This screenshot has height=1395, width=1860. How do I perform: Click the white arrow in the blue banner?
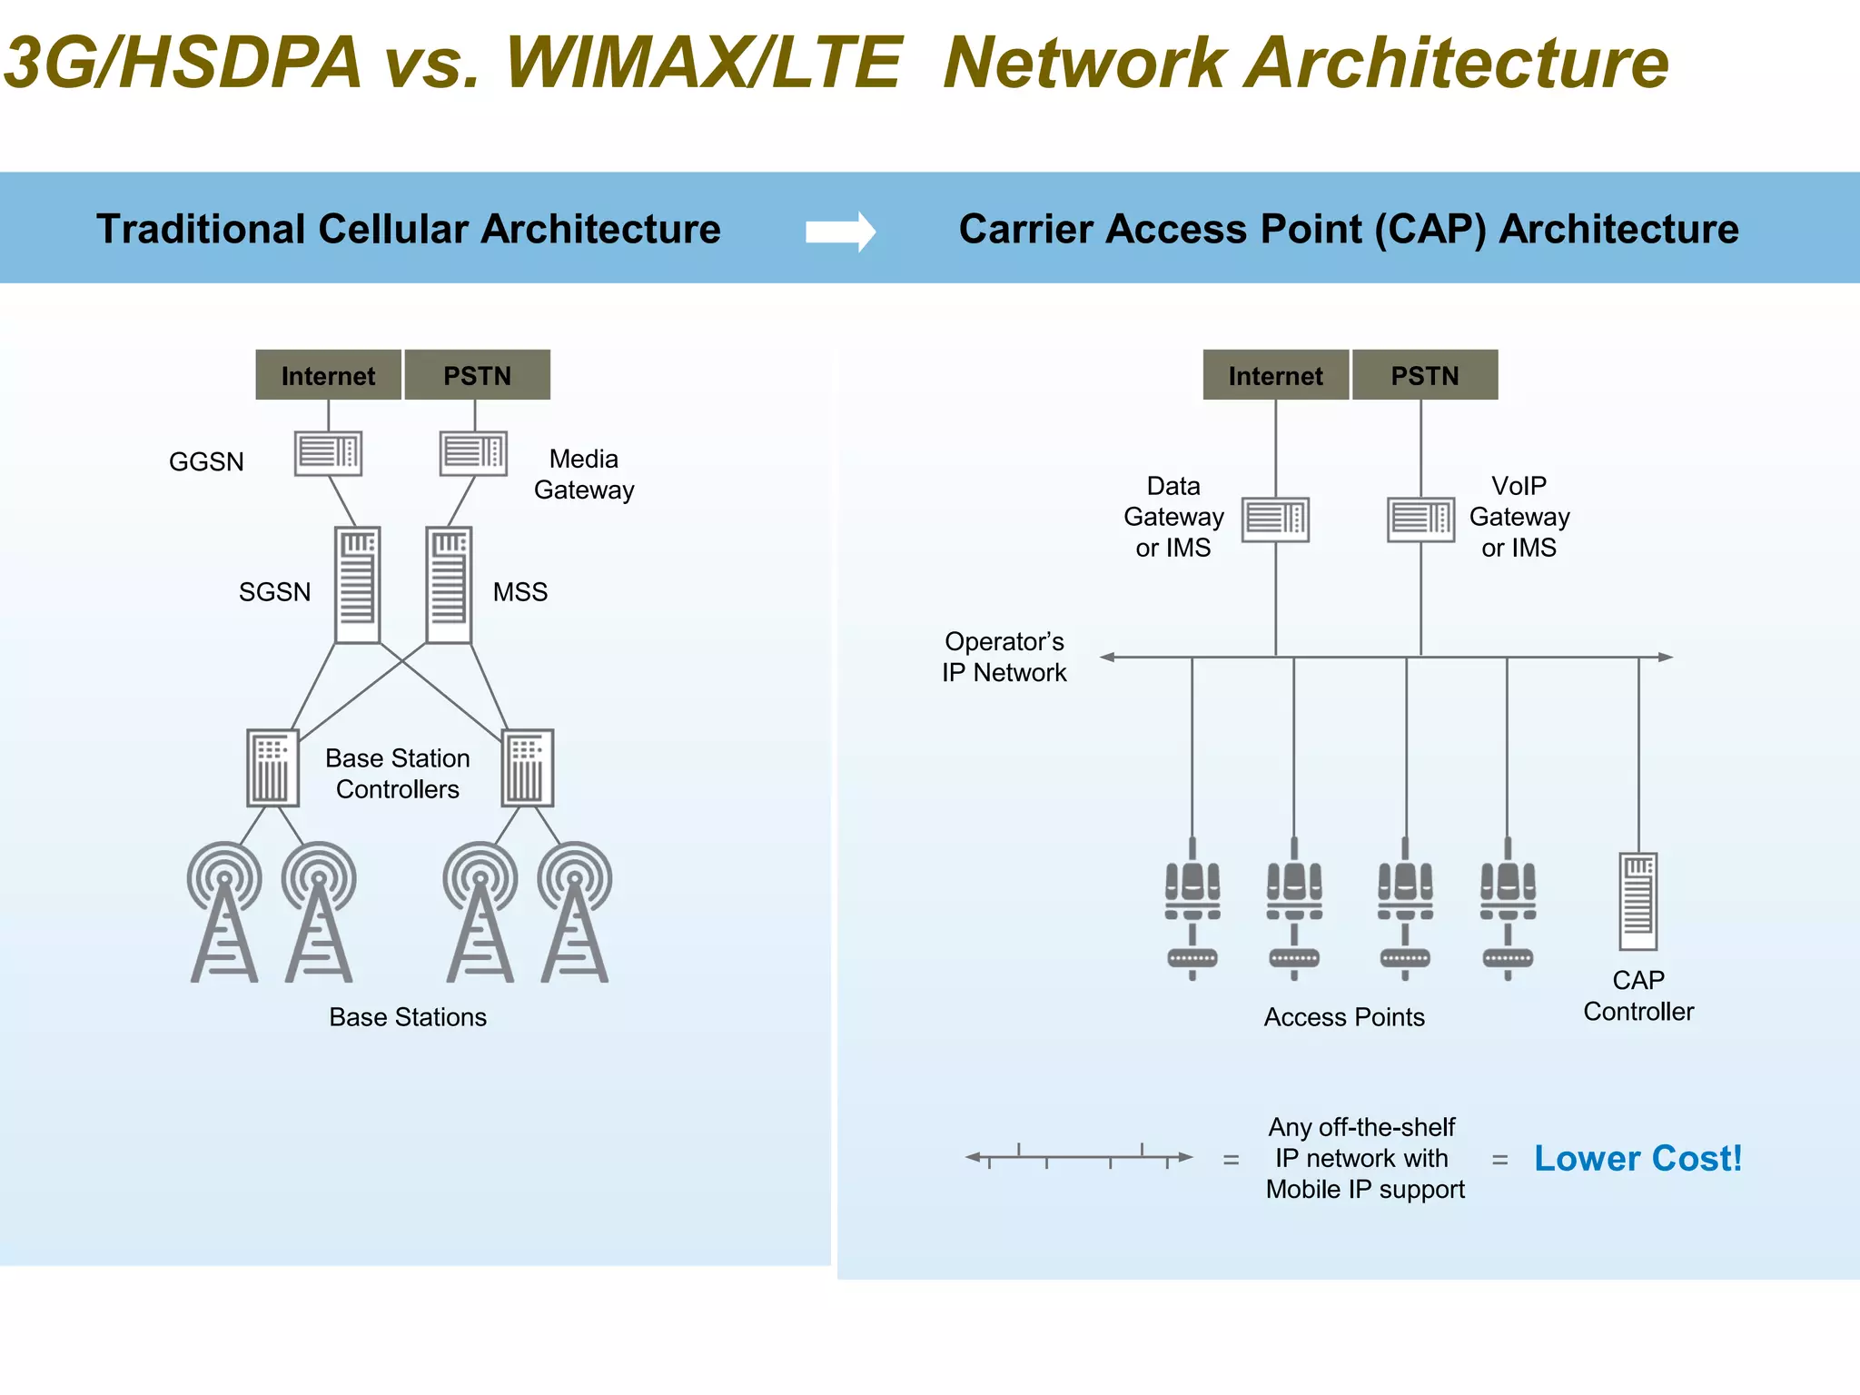click(x=840, y=232)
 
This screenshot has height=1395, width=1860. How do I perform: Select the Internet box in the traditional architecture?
click(x=328, y=375)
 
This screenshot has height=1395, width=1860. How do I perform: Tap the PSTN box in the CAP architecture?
click(x=1424, y=375)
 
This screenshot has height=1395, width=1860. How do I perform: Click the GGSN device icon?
click(x=328, y=453)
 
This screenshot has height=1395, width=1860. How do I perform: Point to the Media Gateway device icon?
click(x=473, y=453)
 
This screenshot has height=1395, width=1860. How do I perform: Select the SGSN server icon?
click(x=357, y=585)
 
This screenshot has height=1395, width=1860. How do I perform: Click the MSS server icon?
click(x=449, y=585)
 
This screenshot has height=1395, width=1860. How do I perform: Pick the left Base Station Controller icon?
click(x=272, y=767)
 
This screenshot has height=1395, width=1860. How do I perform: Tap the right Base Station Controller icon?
click(x=527, y=767)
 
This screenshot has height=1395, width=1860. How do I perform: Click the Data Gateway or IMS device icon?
click(x=1275, y=519)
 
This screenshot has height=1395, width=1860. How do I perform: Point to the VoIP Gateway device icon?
click(x=1420, y=519)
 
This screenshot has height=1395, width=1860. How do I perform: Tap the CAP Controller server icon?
click(x=1637, y=901)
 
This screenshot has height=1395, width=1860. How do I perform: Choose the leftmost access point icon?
click(x=1192, y=908)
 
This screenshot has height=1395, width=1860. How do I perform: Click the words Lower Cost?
click(x=1637, y=1158)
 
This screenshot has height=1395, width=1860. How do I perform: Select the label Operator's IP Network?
click(x=1004, y=657)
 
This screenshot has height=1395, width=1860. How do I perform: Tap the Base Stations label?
click(x=408, y=1016)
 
